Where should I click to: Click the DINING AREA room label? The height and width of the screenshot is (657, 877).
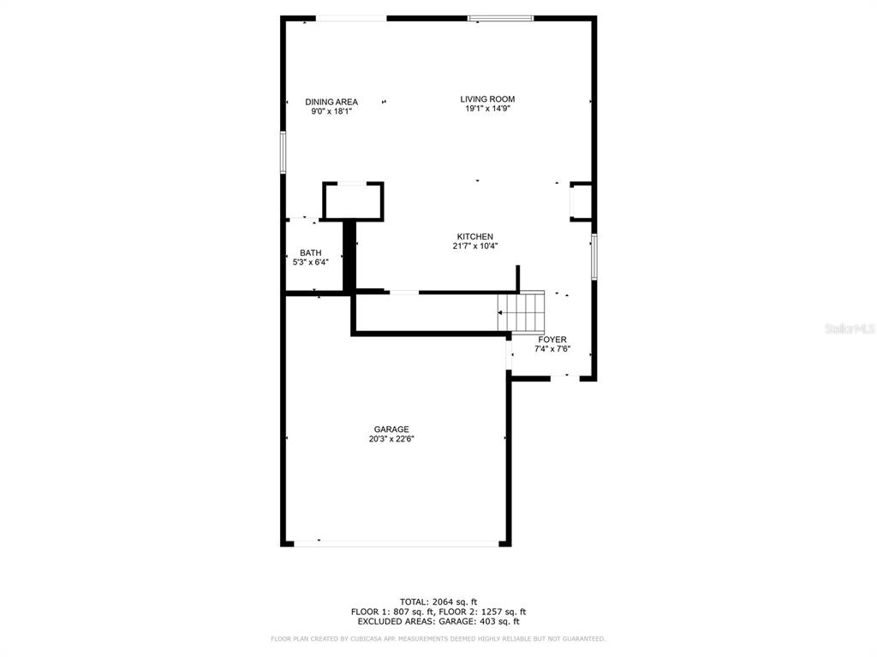point(331,102)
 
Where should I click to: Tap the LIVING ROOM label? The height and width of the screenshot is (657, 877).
point(487,99)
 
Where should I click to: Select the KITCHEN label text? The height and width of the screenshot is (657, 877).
point(474,237)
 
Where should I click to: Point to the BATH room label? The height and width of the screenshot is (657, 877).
point(310,252)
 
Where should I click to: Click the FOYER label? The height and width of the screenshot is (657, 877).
point(552,340)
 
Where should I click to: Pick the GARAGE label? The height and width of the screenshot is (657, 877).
point(391,429)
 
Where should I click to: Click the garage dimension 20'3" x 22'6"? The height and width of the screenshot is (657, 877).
point(391,440)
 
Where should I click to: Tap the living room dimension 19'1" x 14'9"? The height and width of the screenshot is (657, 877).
point(487,109)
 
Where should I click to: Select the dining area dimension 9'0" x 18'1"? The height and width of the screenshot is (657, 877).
point(331,111)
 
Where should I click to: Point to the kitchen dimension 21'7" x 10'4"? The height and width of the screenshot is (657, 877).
point(474,246)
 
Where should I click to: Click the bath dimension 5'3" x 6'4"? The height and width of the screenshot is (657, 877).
point(310,263)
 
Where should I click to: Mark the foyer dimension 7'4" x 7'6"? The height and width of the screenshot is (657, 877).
point(552,349)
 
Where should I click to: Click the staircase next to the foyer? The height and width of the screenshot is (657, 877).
point(522,312)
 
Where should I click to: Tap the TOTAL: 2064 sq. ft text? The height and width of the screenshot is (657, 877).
point(438,601)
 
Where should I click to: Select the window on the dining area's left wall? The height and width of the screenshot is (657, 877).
point(283,153)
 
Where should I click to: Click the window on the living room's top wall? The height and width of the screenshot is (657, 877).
point(500,18)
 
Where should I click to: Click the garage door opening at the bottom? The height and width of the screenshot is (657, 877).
point(396,543)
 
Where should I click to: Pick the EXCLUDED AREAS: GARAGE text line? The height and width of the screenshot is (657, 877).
point(438,622)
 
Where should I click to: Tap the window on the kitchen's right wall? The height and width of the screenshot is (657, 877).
point(594,256)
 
